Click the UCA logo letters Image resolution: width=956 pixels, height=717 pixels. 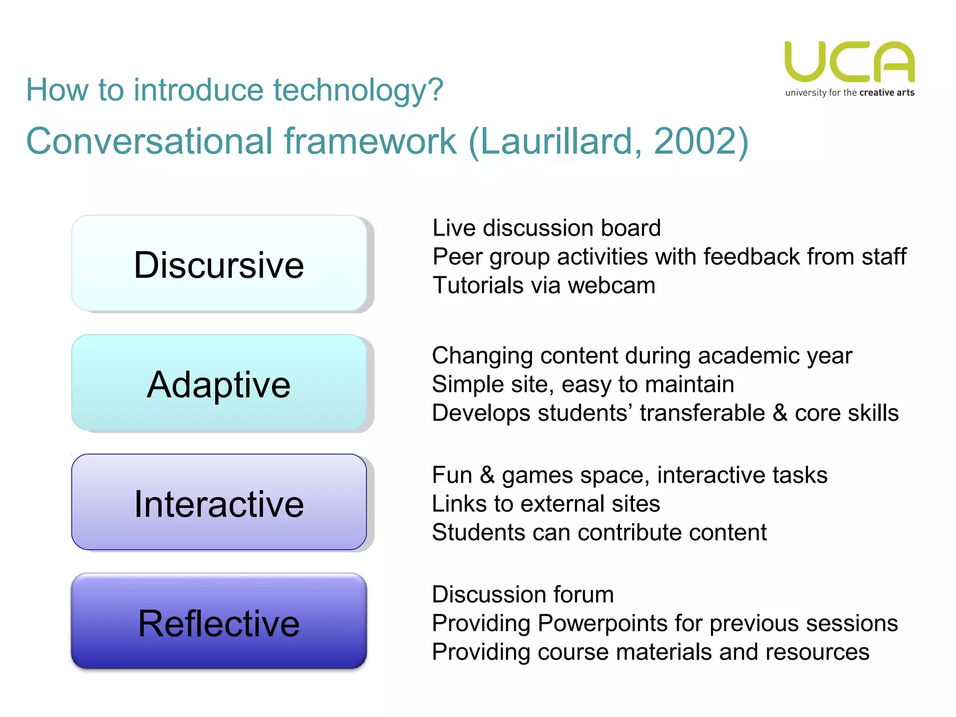tap(849, 62)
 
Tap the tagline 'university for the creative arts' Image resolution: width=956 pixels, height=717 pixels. tap(849, 92)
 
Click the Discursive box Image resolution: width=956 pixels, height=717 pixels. tap(219, 264)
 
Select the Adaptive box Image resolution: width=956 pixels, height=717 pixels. tap(219, 384)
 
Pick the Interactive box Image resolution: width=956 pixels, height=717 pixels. tap(219, 503)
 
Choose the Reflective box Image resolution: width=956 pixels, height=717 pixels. tap(219, 623)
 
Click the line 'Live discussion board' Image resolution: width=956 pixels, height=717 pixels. tap(546, 228)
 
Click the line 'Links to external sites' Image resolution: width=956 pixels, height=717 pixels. tap(546, 504)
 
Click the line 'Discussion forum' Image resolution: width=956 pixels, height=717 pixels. tap(522, 595)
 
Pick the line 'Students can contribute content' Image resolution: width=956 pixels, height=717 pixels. tap(599, 533)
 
